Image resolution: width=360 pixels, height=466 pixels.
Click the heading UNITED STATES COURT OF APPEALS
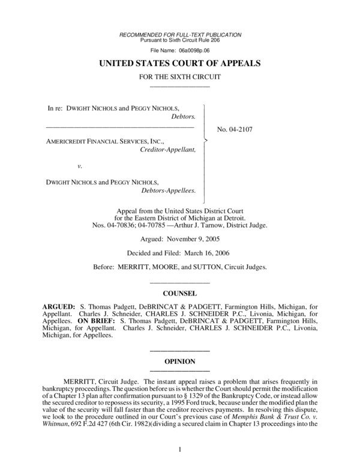(179, 63)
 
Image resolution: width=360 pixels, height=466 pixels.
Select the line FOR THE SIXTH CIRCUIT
(179, 77)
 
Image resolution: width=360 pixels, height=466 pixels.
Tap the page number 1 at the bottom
(179, 449)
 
